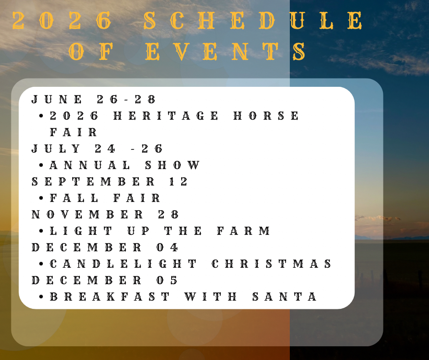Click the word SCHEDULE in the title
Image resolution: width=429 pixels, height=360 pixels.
253,21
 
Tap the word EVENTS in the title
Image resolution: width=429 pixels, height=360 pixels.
225,52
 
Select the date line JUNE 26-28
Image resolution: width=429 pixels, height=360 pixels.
93,99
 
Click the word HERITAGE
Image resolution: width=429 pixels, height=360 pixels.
166,116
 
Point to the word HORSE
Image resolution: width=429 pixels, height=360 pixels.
266,116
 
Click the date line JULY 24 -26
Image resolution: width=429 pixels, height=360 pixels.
97,149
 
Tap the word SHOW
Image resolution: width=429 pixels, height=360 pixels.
173,165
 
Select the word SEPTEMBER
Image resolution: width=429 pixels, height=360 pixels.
93,182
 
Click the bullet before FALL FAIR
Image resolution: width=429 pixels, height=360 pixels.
41,198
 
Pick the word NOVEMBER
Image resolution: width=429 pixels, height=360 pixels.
87,215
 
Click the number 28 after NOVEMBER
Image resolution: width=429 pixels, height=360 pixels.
168,215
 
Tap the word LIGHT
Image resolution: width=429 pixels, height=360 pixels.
81,231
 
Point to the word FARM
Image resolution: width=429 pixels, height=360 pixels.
244,231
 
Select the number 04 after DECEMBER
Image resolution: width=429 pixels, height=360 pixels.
167,248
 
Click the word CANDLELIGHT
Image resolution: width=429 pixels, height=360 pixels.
123,264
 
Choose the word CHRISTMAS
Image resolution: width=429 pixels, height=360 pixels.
272,264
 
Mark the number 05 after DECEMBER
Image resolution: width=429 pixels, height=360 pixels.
167,280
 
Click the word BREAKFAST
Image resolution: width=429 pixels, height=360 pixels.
110,296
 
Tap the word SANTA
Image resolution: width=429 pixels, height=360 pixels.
284,296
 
